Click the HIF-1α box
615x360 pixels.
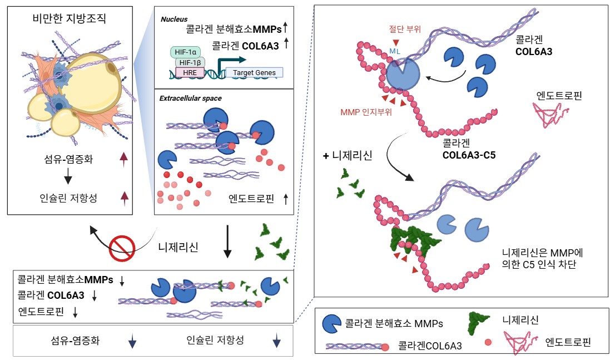point(185,52)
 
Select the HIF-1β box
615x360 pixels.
point(190,62)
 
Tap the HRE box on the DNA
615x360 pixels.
point(190,73)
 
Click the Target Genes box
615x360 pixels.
point(254,73)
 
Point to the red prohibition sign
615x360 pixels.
point(122,248)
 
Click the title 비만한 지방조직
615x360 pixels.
point(69,18)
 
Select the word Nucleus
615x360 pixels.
point(174,19)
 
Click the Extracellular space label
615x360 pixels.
point(190,98)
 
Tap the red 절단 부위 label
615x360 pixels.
point(405,29)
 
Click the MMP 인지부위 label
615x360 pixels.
point(366,112)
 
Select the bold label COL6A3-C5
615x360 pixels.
point(469,155)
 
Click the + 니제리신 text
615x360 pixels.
point(348,156)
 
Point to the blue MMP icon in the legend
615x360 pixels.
point(331,323)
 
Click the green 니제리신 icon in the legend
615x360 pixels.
point(479,323)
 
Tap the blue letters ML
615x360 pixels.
point(395,51)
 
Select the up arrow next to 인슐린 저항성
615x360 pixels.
point(125,198)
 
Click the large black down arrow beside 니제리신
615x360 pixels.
point(227,241)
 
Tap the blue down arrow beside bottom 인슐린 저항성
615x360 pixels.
point(277,341)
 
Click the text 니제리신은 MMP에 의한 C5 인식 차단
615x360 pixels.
point(543,258)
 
